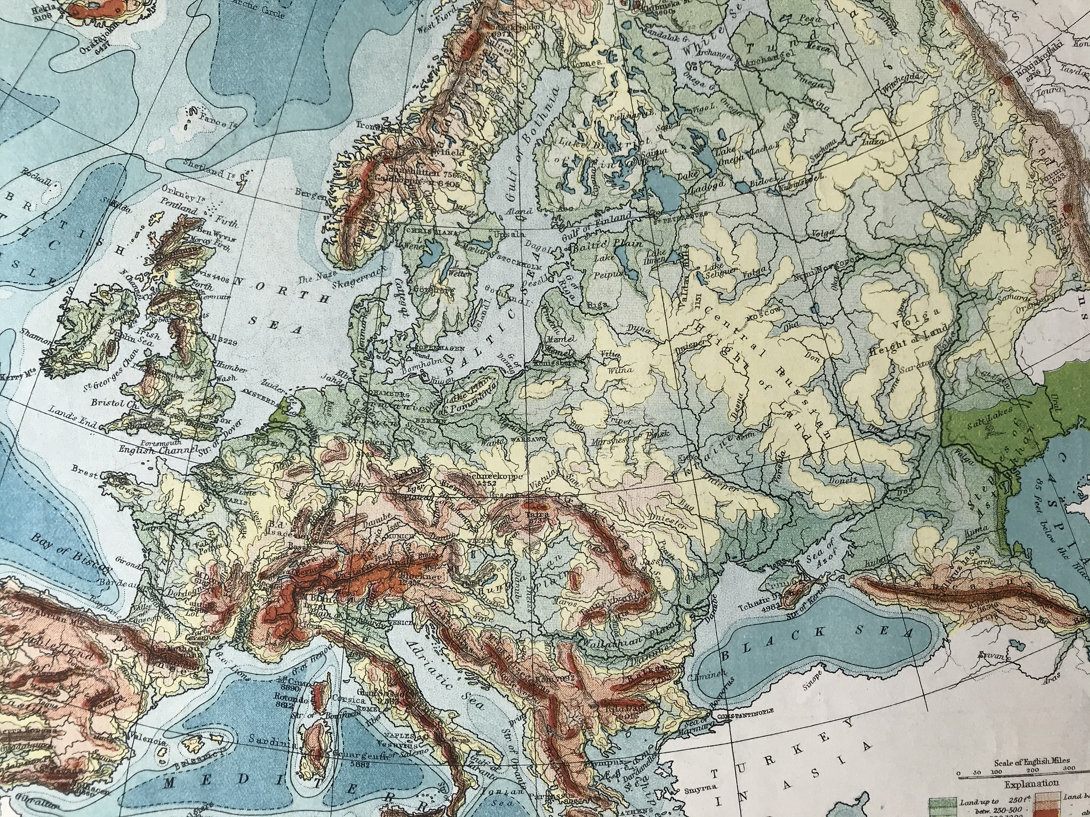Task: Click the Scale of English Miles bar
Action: [1016, 776]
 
